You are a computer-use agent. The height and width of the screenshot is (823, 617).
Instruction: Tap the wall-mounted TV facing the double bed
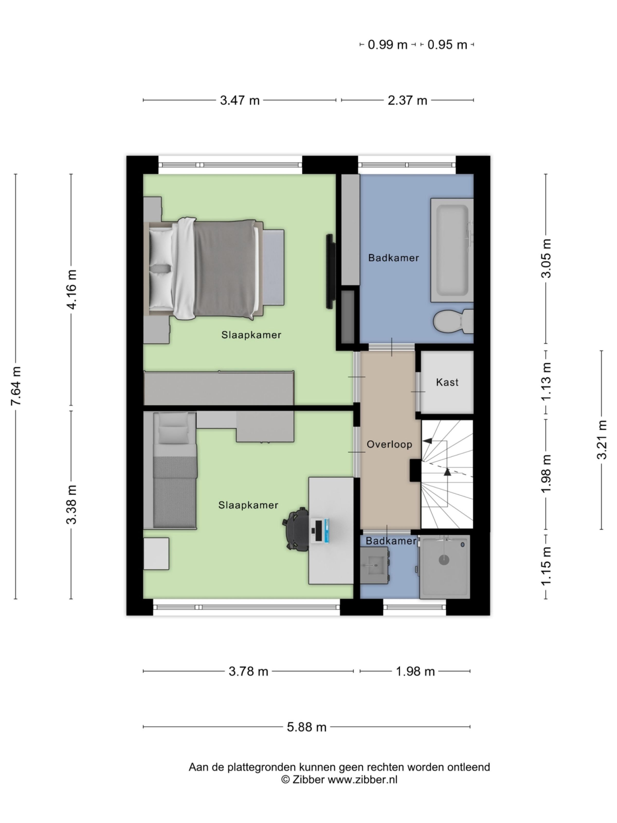click(330, 271)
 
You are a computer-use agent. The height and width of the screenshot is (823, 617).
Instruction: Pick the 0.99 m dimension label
click(387, 45)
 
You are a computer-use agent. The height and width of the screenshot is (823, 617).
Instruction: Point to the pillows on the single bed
click(173, 430)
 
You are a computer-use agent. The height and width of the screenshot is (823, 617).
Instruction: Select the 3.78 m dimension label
click(248, 672)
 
